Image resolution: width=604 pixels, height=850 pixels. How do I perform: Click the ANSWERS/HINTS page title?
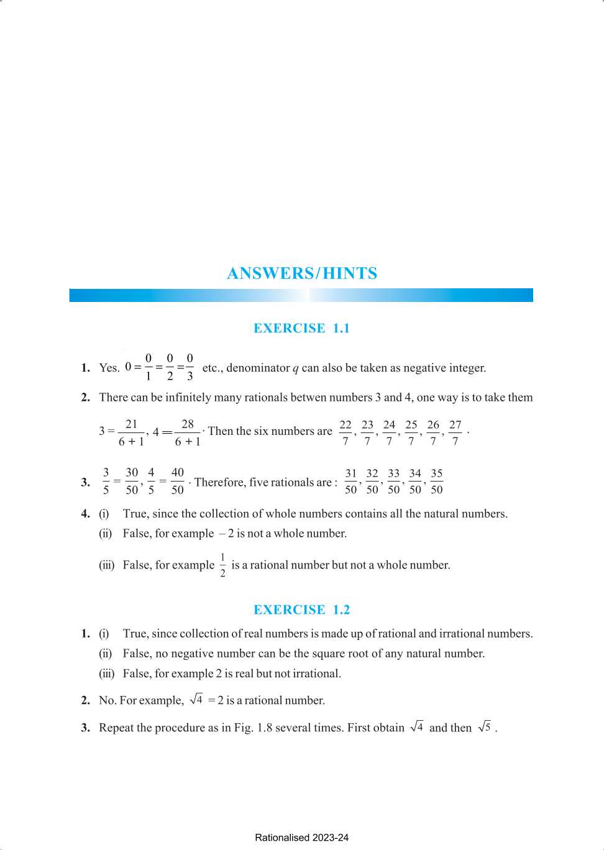click(302, 273)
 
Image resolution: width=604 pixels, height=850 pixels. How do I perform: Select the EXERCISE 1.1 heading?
click(301, 328)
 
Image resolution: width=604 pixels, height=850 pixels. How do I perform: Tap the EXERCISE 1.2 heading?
click(301, 610)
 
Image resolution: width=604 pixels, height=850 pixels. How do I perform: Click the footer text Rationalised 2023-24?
click(301, 838)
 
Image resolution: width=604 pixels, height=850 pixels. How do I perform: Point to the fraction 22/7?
click(345, 432)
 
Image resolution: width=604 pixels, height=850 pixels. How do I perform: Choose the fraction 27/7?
click(455, 432)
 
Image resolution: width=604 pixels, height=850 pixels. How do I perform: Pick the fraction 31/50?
click(351, 482)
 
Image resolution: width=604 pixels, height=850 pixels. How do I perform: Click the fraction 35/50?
click(437, 482)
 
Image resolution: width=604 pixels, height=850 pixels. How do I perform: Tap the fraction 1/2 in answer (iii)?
click(222, 565)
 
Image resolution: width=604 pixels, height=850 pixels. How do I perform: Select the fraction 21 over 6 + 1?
click(131, 432)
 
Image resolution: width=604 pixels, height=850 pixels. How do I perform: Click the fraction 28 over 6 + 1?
click(188, 432)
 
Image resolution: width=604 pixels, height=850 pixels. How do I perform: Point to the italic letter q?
click(296, 368)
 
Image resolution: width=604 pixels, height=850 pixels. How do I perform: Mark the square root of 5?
click(485, 727)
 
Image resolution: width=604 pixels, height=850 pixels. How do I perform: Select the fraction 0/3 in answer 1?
click(190, 367)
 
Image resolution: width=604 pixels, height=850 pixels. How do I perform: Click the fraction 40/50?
click(178, 482)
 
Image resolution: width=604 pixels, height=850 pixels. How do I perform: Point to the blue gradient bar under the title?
click(301, 295)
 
